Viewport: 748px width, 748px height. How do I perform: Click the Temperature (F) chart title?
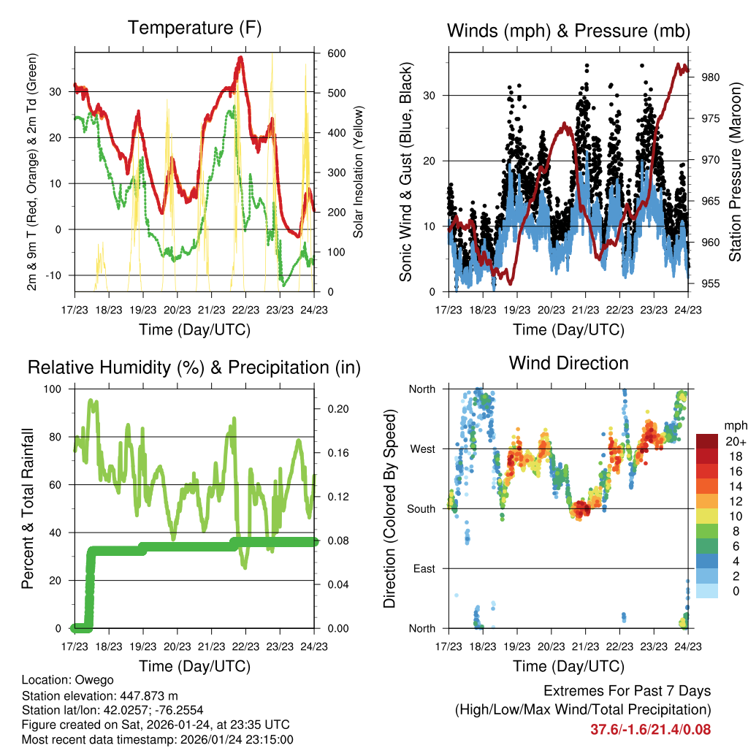pos(194,28)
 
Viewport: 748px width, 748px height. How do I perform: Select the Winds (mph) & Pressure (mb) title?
pos(568,31)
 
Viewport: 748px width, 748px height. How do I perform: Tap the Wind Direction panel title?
pos(568,363)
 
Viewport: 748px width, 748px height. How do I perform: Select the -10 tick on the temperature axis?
pos(56,275)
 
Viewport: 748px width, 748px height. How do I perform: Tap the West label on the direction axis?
pos(421,449)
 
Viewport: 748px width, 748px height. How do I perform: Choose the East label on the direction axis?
pos(423,568)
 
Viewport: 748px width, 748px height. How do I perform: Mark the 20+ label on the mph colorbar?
pos(735,441)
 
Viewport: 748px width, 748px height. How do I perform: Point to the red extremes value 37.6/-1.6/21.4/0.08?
pos(650,729)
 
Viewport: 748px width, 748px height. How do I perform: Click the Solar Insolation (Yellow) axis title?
pos(359,172)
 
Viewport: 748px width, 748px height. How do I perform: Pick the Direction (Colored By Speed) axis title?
pos(390,508)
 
